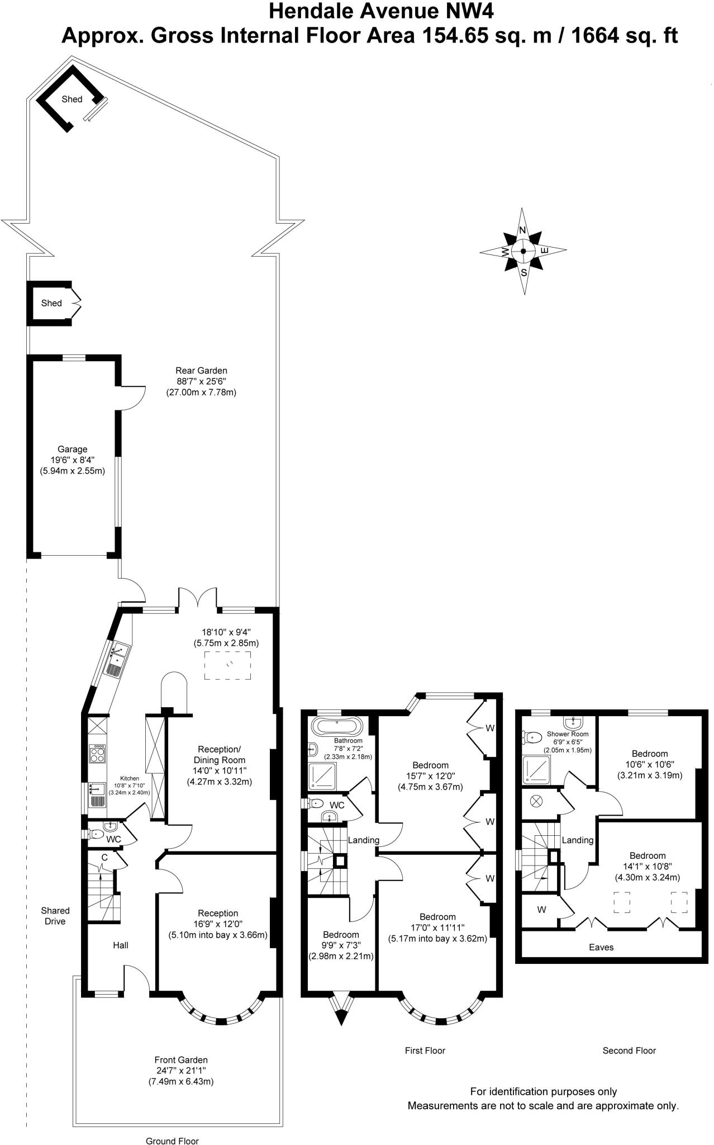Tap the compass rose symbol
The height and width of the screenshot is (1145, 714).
[x=523, y=251]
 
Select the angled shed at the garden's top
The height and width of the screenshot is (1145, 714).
[x=70, y=99]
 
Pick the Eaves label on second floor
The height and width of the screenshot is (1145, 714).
[x=601, y=947]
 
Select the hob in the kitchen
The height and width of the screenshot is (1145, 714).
[x=98, y=755]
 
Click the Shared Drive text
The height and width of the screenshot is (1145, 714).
[x=55, y=916]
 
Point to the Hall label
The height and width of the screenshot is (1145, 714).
[x=121, y=945]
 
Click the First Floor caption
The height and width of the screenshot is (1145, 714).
[x=425, y=1051]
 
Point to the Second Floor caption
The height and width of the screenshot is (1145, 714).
[x=629, y=1051]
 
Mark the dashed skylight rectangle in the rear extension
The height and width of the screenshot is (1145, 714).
[x=227, y=665]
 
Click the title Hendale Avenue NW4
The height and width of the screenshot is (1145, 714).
[x=382, y=11]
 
